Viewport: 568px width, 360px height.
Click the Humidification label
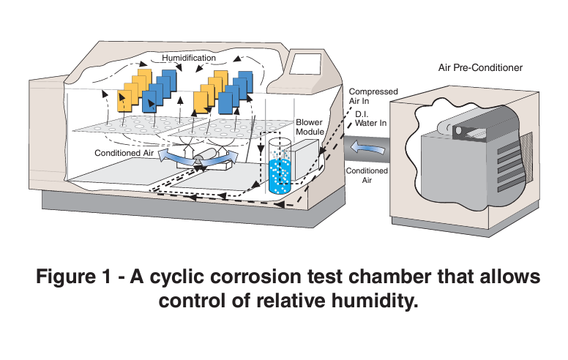point(189,57)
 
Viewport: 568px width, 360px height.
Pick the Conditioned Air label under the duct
point(362,176)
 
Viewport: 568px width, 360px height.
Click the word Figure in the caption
point(73,278)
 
